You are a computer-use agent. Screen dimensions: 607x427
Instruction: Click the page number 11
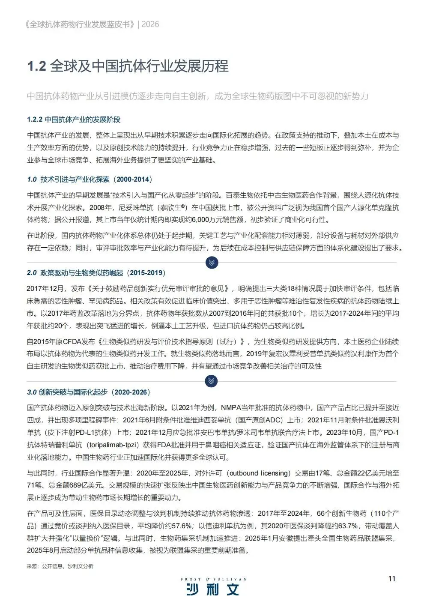[x=391, y=579]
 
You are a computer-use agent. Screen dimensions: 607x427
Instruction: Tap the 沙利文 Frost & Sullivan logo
[x=213, y=587]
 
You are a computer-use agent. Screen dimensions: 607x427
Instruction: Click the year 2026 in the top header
[x=150, y=24]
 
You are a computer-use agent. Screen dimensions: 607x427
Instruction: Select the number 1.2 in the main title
[x=36, y=66]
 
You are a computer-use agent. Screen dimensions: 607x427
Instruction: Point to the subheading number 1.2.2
[x=35, y=120]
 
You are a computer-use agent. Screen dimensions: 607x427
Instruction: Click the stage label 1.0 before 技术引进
[x=32, y=179]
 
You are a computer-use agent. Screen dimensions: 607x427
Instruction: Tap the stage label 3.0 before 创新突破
[x=32, y=392]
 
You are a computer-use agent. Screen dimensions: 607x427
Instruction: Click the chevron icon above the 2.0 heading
[x=212, y=262]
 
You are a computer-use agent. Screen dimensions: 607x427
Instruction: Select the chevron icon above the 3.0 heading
[x=212, y=381]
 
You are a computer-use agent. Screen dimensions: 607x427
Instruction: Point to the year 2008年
[x=102, y=208]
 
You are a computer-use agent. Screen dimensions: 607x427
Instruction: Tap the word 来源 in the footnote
[x=32, y=566]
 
